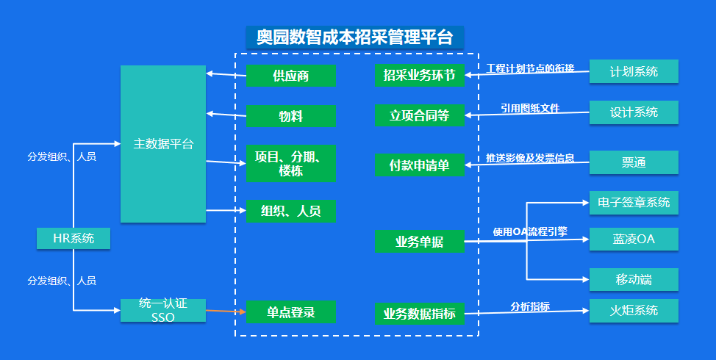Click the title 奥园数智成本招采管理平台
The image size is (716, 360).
355,37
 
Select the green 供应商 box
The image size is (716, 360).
291,76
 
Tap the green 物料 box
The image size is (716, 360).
291,116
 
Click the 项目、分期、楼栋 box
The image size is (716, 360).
291,162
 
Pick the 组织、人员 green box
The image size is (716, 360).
291,211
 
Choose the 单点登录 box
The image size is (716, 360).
291,312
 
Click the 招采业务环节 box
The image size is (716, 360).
420,76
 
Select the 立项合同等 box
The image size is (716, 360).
420,115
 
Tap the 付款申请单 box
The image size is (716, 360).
420,165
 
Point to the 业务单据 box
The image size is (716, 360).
420,241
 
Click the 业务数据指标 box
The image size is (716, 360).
420,314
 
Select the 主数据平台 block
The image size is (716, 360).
163,144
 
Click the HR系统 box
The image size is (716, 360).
74,238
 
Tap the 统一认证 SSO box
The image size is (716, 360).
163,310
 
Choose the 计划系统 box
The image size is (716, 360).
634,71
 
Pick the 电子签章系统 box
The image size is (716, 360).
634,202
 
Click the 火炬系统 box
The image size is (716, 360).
634,310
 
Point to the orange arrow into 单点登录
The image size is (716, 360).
225,312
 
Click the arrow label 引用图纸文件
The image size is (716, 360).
530,108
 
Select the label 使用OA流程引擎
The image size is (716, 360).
530,231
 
